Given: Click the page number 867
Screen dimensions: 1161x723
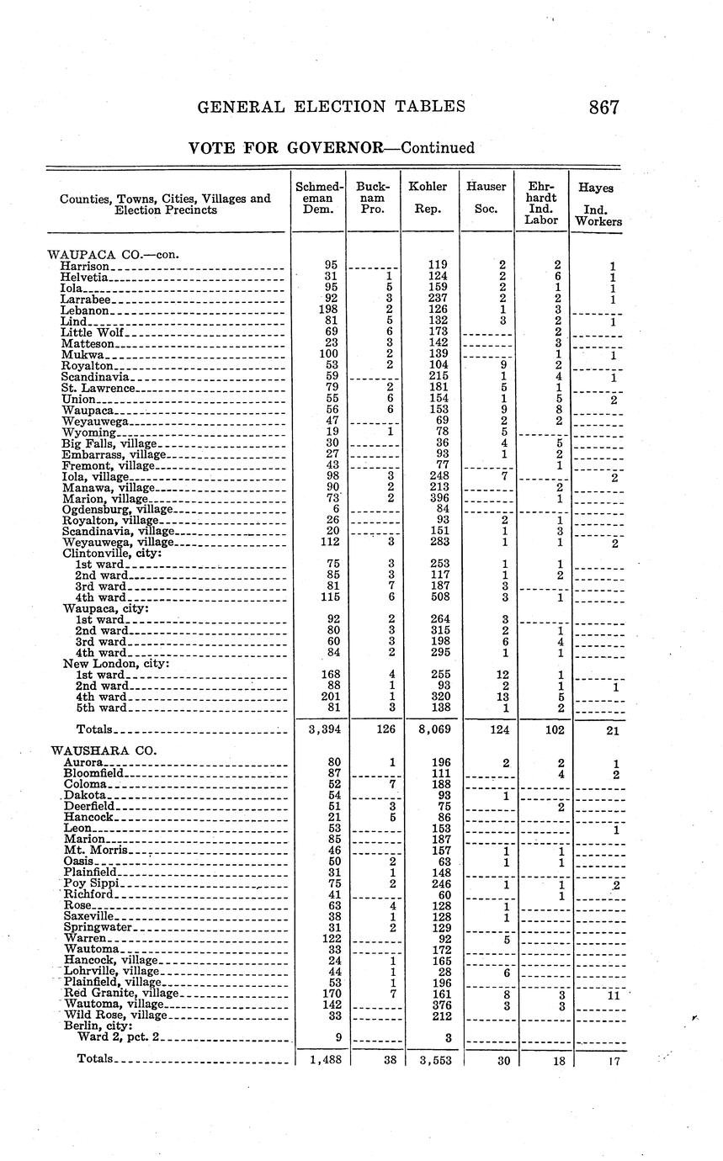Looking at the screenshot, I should [x=604, y=108].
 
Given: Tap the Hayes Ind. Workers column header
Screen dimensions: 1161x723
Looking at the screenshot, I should [x=598, y=205].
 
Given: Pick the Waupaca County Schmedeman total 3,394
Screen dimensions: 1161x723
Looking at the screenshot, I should [x=321, y=730].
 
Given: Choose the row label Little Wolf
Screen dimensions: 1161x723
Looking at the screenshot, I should [x=93, y=333].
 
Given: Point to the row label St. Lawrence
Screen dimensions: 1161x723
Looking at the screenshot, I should [x=98, y=388].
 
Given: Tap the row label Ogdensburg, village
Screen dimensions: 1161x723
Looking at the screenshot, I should [x=117, y=509].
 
